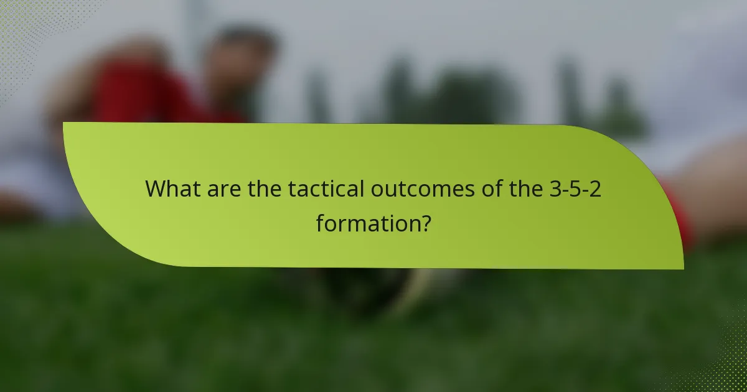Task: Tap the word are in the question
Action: pyautogui.click(x=222, y=189)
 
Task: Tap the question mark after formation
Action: pyautogui.click(x=424, y=222)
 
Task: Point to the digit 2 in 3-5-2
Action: pyautogui.click(x=595, y=189)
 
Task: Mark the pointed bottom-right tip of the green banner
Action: pyautogui.click(x=682, y=268)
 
